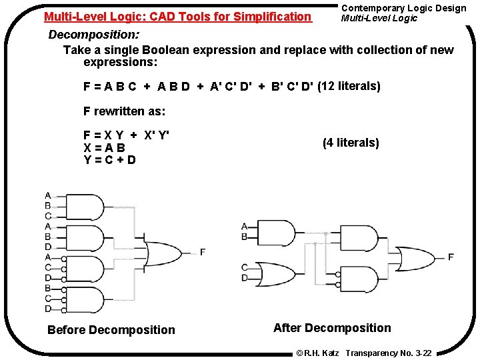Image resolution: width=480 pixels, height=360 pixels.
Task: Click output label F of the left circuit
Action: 203,252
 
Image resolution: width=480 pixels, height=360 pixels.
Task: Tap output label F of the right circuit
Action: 451,257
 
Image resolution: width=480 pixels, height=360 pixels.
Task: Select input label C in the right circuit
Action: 245,267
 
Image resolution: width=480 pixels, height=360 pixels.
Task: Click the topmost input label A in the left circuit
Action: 47,195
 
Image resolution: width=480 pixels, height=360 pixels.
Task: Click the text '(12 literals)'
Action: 349,86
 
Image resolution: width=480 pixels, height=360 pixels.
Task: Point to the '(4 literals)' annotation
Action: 351,143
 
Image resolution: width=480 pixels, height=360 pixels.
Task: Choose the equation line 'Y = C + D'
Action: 110,159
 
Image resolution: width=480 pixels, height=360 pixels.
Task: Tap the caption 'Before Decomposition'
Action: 111,330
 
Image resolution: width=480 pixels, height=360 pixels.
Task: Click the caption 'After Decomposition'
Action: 332,327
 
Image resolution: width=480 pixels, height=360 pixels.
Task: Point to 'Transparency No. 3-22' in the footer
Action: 389,353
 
